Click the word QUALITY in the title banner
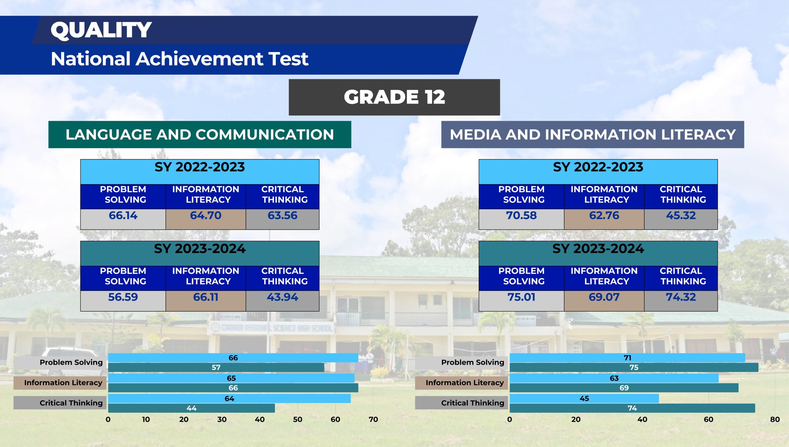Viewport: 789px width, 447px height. click(x=101, y=30)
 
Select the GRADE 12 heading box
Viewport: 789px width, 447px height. click(x=394, y=97)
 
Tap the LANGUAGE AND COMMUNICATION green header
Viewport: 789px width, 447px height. click(x=200, y=134)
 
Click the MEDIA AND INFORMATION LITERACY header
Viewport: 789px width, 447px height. click(x=592, y=134)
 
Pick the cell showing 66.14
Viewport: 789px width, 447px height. click(x=123, y=219)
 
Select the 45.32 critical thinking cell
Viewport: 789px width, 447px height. click(x=681, y=219)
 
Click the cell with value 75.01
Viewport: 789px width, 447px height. click(x=521, y=301)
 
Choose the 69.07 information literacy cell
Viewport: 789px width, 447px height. click(x=604, y=301)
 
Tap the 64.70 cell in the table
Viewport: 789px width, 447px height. click(x=206, y=219)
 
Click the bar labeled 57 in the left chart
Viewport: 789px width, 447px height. click(x=216, y=367)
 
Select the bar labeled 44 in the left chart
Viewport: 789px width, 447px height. click(x=191, y=408)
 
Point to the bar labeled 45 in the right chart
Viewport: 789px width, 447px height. click(x=584, y=398)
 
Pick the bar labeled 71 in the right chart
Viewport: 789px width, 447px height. click(x=627, y=358)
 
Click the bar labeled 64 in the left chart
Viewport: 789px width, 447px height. click(x=229, y=398)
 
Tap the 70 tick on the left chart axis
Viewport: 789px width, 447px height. click(x=373, y=420)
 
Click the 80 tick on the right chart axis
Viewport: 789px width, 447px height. click(x=775, y=420)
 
